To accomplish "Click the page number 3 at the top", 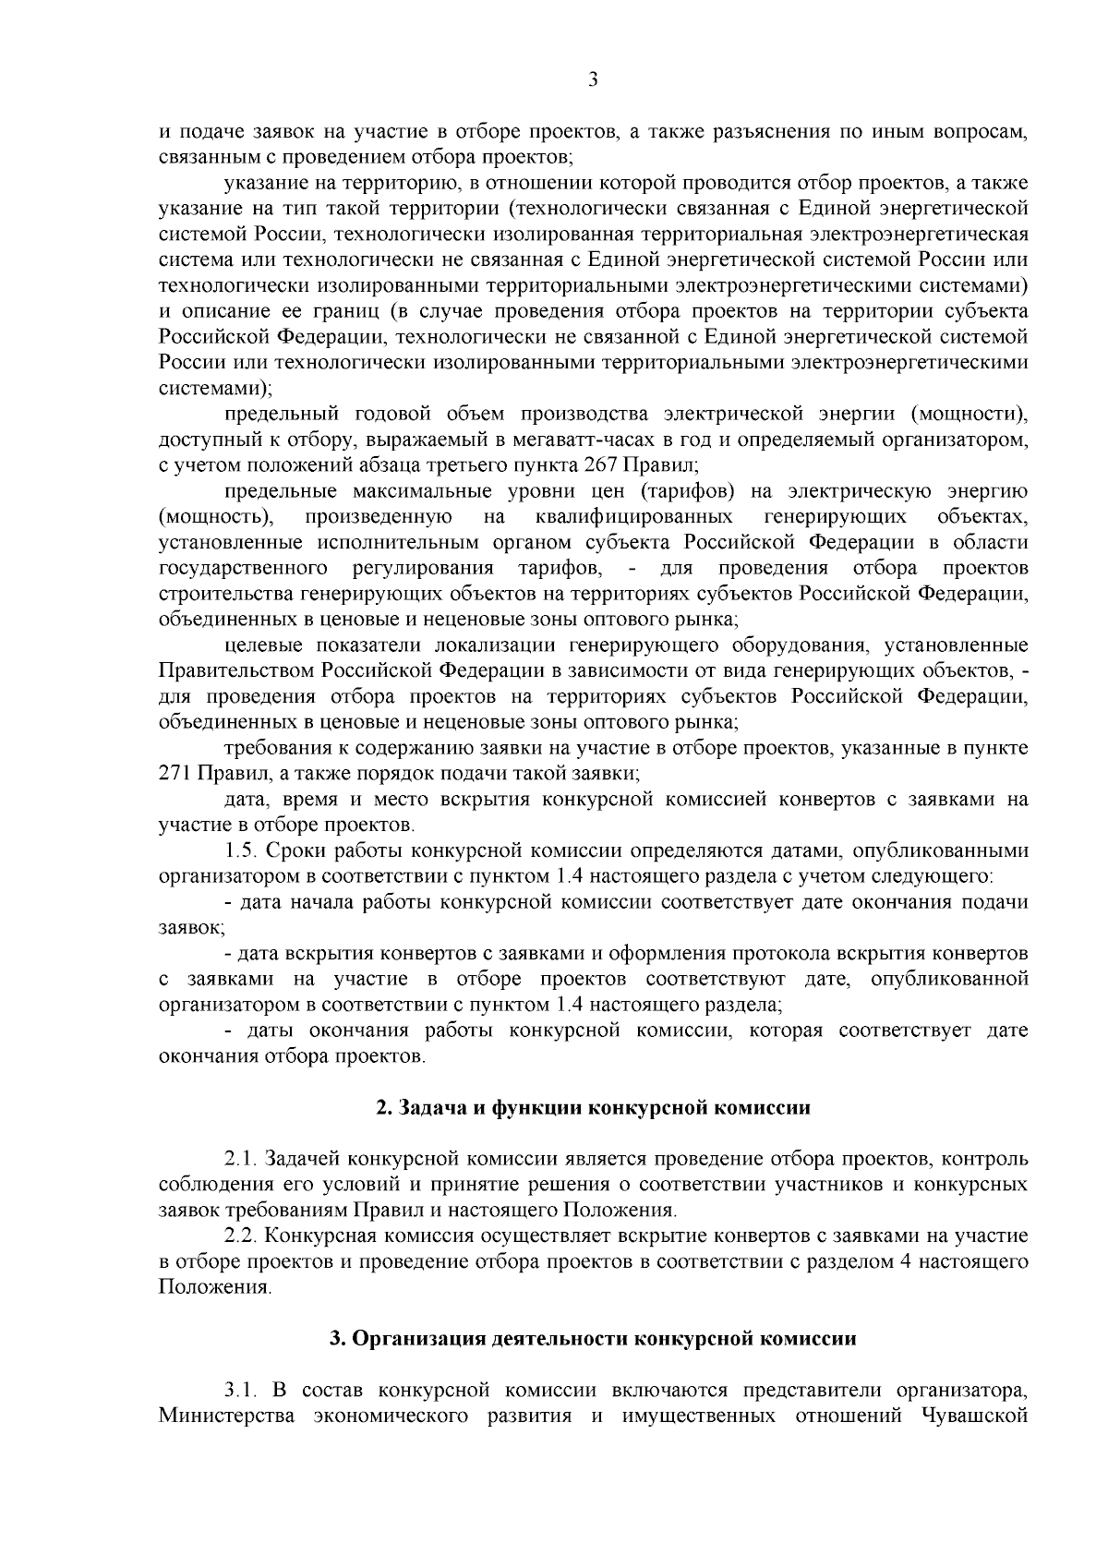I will click(593, 80).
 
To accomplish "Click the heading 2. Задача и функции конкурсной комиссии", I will click(593, 1108).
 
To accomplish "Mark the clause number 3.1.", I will click(242, 1416).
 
